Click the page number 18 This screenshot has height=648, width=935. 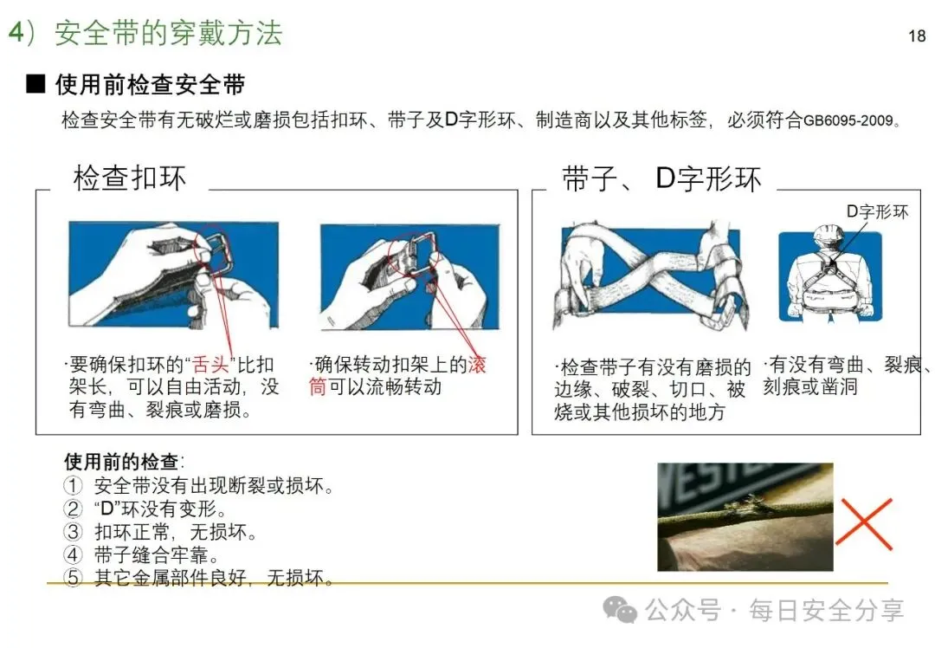[x=917, y=36]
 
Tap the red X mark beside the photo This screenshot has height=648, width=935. [x=863, y=523]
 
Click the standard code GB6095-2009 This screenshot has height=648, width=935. [x=848, y=120]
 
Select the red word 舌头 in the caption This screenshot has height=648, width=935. [x=210, y=365]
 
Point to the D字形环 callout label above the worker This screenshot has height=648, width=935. [x=877, y=211]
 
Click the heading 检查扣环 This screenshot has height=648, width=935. [x=129, y=178]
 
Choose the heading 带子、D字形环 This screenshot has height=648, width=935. [x=662, y=178]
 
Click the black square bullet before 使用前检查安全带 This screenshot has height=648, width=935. [x=35, y=84]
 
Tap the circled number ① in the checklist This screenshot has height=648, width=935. [x=73, y=486]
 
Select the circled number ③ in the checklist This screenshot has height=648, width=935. [x=73, y=532]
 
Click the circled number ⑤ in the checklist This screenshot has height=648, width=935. [x=73, y=578]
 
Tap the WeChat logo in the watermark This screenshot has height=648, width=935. [x=620, y=610]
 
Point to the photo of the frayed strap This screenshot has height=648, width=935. [x=745, y=516]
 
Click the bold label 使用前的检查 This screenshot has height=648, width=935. [x=121, y=461]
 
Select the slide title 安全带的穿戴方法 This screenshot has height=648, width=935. [x=168, y=33]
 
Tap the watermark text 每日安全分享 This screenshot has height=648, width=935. [x=827, y=611]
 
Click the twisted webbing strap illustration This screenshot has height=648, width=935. [x=651, y=275]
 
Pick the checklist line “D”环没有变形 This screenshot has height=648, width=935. [x=160, y=509]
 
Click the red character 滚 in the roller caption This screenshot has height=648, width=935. [x=477, y=365]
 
